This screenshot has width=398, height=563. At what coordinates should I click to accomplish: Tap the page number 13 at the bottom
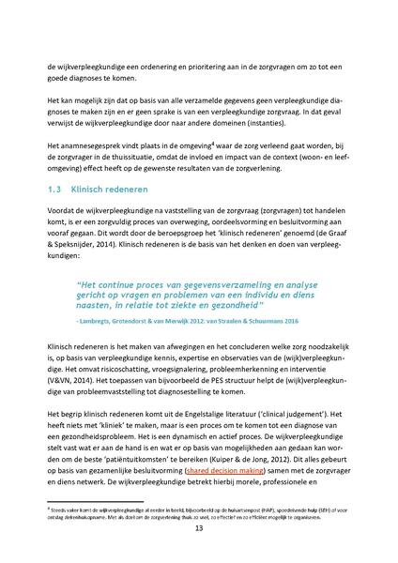[198, 528]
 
